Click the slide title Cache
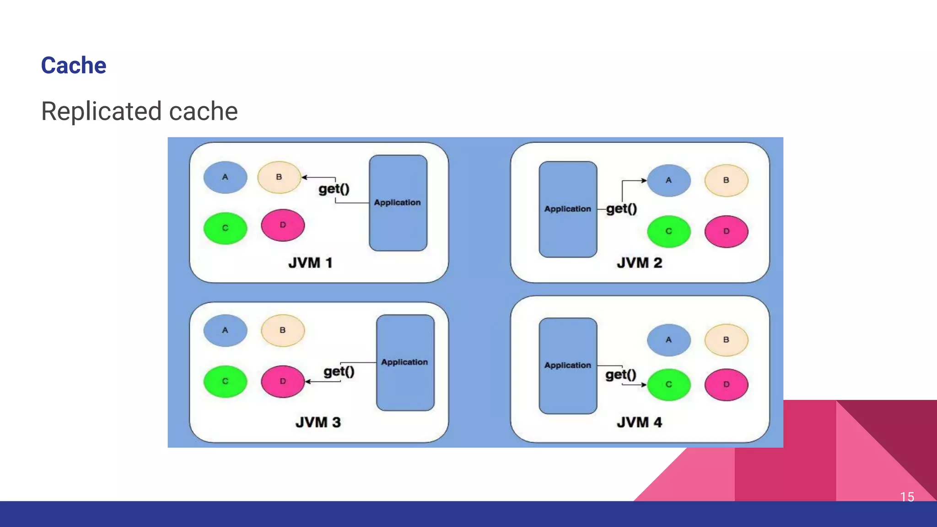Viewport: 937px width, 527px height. click(74, 65)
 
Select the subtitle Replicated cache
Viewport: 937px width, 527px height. click(140, 111)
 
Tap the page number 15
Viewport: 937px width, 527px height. click(907, 497)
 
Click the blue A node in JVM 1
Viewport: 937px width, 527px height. click(225, 177)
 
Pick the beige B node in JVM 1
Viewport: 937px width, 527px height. click(279, 177)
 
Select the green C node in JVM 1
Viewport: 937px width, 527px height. click(225, 228)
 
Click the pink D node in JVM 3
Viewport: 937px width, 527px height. click(283, 381)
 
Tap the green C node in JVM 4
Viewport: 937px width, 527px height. click(668, 384)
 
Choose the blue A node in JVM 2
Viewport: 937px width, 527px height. click(668, 180)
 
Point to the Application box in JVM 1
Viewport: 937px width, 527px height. click(398, 203)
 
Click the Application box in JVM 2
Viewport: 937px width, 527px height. click(568, 209)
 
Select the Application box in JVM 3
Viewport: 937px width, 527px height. click(405, 362)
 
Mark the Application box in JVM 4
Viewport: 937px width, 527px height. click(568, 366)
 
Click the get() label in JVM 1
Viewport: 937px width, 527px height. click(334, 188)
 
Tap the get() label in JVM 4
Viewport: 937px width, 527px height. click(621, 375)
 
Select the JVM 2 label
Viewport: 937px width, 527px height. click(639, 263)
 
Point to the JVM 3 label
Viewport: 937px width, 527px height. click(318, 422)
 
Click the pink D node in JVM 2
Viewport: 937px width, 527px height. click(726, 231)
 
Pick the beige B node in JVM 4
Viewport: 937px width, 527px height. click(726, 340)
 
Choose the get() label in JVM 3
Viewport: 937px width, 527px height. click(339, 371)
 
